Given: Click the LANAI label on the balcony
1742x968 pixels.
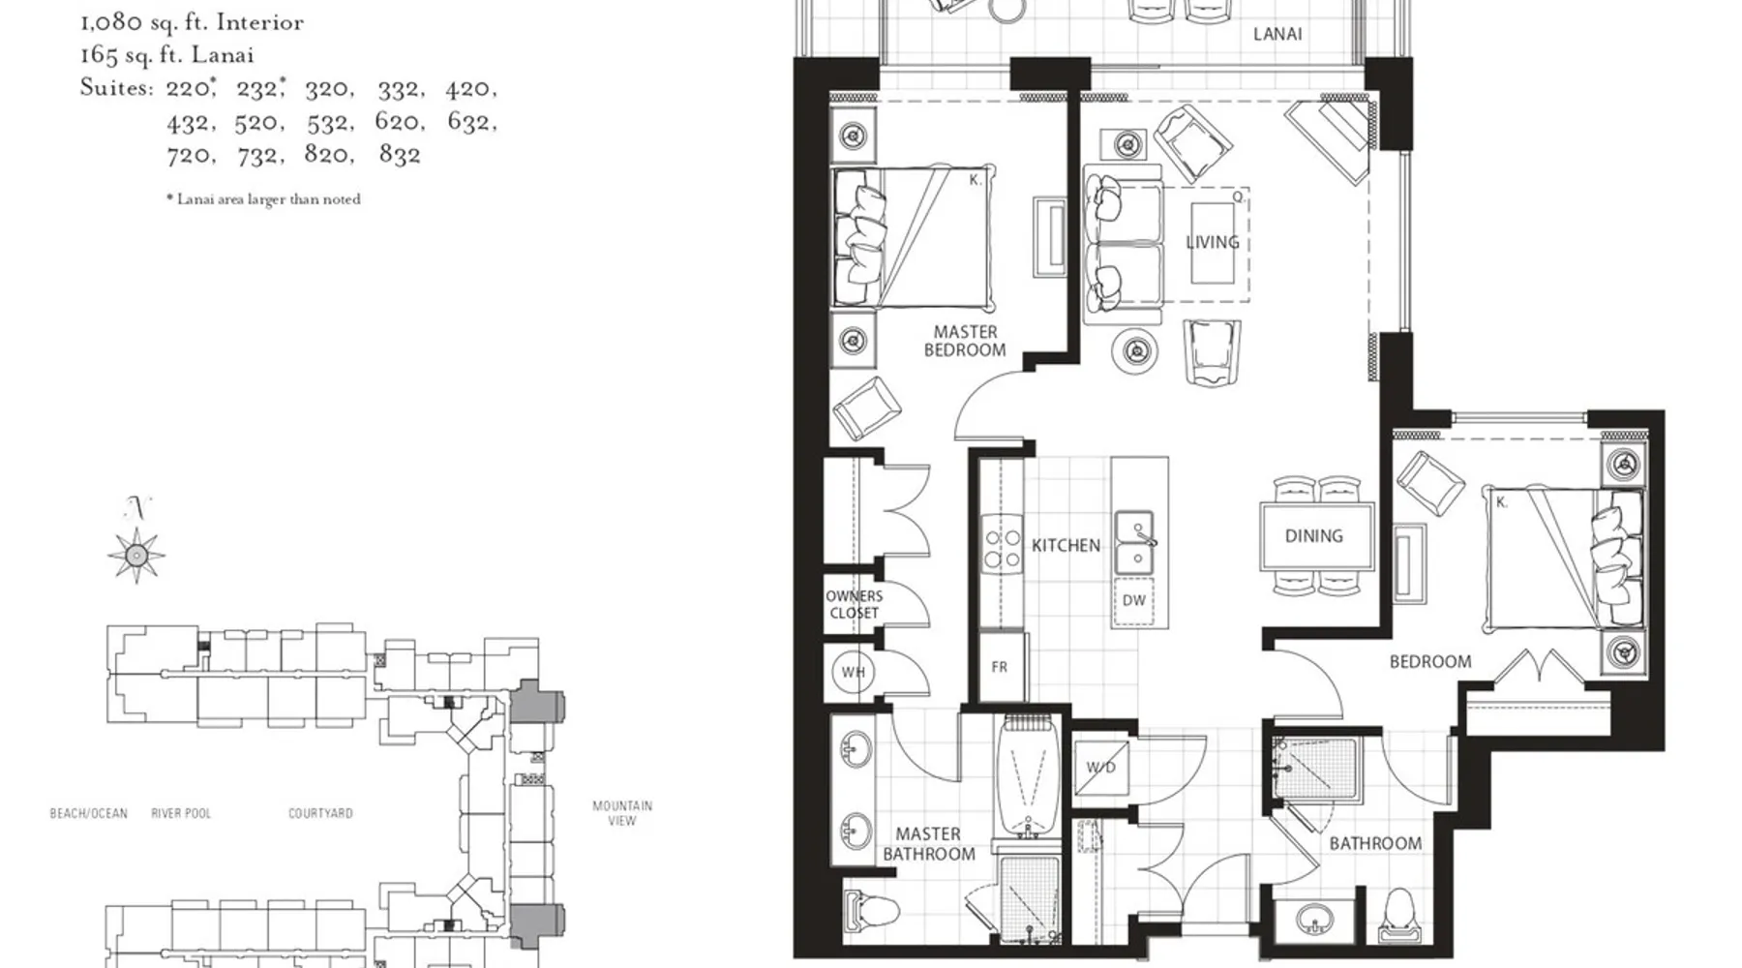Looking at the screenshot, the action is [1277, 34].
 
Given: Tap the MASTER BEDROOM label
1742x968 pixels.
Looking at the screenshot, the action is [965, 341].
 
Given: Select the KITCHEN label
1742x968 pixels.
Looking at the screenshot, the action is [1066, 546].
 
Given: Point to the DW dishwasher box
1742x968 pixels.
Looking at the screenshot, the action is [1133, 601].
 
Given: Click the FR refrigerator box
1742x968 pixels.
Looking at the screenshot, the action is [1000, 667].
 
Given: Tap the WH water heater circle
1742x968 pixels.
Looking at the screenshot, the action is [853, 672].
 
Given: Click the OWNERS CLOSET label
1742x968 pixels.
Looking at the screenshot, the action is [854, 604].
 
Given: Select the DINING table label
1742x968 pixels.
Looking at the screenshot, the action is [1313, 536].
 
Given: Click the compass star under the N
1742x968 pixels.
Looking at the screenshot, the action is [136, 556].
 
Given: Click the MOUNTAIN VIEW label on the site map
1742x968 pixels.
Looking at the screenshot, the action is [622, 813].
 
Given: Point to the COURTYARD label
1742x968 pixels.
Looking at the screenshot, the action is [320, 813].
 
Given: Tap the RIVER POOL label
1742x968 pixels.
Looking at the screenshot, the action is [181, 813].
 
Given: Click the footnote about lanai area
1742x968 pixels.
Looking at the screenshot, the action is [263, 199].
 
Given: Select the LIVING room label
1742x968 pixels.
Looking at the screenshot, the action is [1212, 242].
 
